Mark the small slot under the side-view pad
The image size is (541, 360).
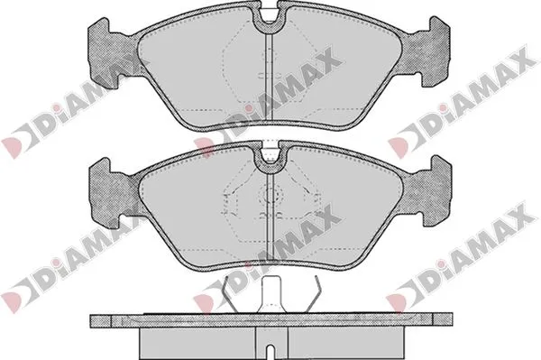[x=270, y=346]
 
